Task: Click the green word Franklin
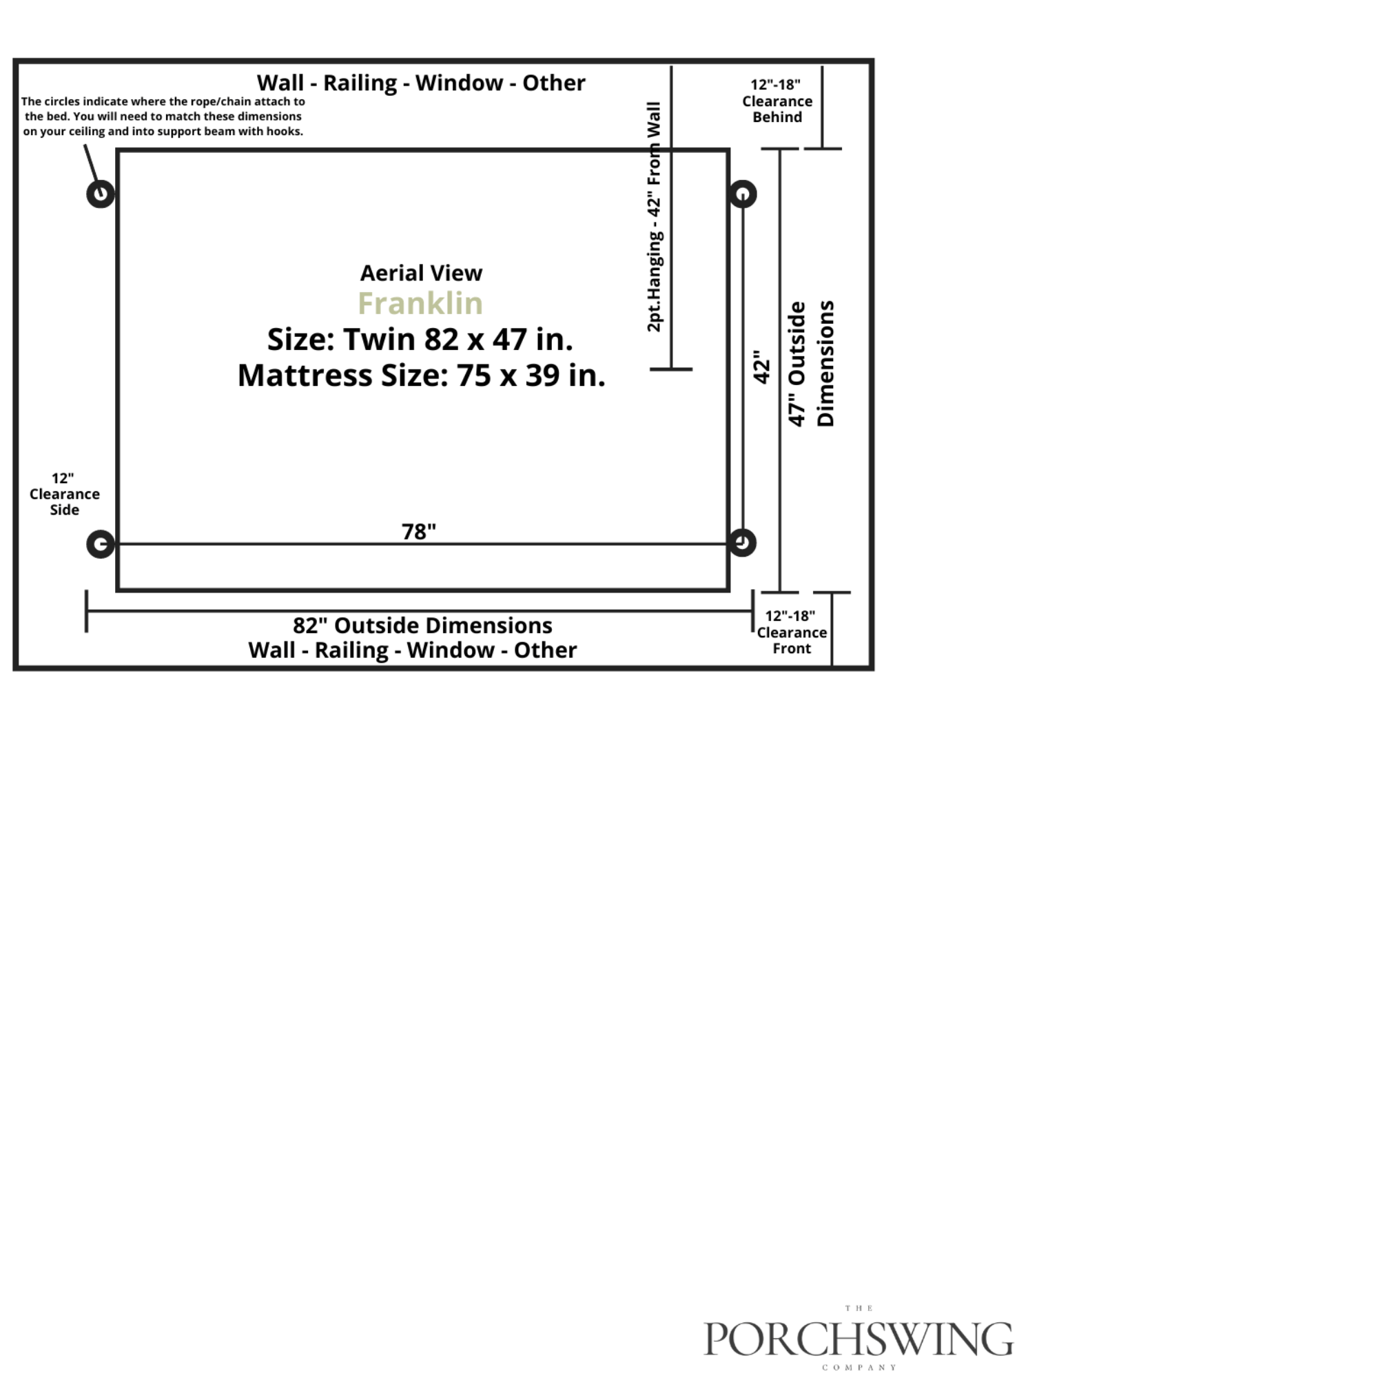point(420,303)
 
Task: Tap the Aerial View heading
point(421,272)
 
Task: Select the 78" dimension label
point(419,531)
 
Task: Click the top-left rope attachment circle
point(101,194)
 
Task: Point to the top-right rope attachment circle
point(743,194)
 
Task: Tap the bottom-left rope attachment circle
point(101,544)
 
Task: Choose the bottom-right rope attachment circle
point(743,543)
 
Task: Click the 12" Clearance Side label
point(64,493)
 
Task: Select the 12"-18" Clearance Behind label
point(777,101)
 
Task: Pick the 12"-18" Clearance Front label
point(792,632)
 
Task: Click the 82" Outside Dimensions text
point(422,625)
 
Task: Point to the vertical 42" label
point(762,367)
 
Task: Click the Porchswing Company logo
point(858,1338)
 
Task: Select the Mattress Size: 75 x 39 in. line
point(421,376)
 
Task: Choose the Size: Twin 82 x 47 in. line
point(420,340)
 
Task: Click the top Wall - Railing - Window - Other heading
point(421,83)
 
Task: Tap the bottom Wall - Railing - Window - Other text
point(412,650)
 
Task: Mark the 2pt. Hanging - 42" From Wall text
point(654,217)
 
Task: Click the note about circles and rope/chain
point(163,116)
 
